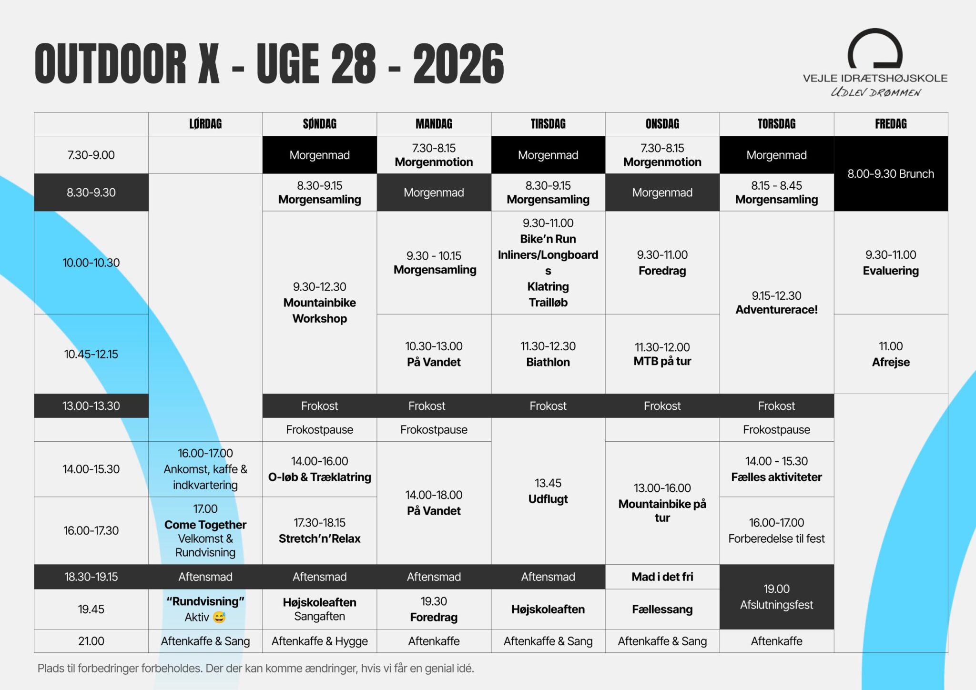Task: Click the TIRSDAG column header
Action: click(x=548, y=124)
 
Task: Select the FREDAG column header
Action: click(x=891, y=124)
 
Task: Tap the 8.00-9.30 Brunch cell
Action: click(x=891, y=173)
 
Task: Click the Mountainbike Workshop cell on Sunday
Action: click(x=319, y=303)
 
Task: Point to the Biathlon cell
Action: click(x=548, y=354)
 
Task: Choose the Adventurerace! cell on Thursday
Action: click(x=776, y=303)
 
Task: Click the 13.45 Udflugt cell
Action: click(x=548, y=491)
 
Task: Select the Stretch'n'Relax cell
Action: click(x=319, y=531)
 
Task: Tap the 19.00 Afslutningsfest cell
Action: click(x=776, y=597)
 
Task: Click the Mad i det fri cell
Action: click(x=662, y=577)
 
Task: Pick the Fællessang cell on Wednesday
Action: click(x=662, y=609)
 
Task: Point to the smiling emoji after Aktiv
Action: click(x=219, y=618)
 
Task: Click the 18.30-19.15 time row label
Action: click(x=91, y=577)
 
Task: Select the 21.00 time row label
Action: click(x=91, y=641)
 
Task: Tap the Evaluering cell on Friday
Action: click(x=891, y=263)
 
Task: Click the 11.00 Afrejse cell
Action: click(x=891, y=354)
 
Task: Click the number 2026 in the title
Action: click(x=458, y=64)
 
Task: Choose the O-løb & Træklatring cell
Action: click(x=319, y=469)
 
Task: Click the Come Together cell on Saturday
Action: click(x=205, y=531)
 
